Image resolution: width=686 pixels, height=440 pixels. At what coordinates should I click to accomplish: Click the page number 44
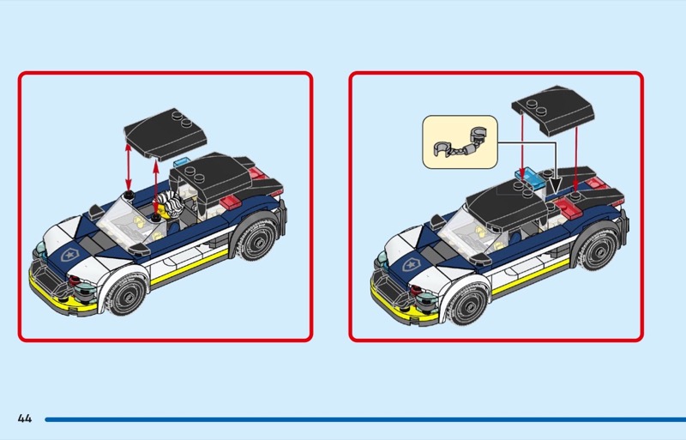tap(25, 419)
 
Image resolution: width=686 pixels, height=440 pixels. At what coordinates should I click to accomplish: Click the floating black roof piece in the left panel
tap(165, 134)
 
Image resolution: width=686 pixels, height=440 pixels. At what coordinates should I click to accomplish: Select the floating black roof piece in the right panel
tap(552, 110)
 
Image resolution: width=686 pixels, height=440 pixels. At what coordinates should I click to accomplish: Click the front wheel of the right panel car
tap(467, 304)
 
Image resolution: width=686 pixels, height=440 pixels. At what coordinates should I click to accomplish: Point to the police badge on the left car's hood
tap(69, 255)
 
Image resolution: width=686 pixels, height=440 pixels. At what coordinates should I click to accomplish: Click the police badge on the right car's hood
tap(411, 264)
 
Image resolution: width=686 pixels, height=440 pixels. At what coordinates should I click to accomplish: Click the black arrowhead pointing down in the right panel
tap(555, 184)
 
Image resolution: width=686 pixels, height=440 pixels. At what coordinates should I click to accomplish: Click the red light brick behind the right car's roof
tap(568, 207)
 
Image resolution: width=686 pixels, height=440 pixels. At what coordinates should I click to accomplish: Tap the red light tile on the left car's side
tap(230, 202)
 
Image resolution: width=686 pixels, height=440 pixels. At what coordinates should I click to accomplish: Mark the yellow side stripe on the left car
tap(189, 268)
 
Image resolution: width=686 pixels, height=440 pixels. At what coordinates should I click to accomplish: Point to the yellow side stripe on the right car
tap(530, 278)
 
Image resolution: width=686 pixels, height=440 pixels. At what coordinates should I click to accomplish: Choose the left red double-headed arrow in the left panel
tap(128, 166)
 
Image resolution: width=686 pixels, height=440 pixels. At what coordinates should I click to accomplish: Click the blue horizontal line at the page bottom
tap(365, 419)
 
